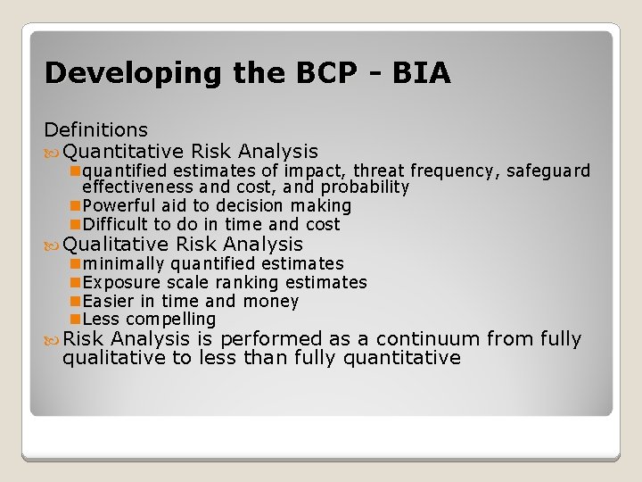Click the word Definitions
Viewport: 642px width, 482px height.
point(96,131)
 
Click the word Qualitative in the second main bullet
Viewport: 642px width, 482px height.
point(116,244)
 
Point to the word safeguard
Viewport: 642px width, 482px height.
point(548,170)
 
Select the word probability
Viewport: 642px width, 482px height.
point(365,187)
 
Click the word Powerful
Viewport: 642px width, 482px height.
point(119,206)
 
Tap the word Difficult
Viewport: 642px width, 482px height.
point(116,225)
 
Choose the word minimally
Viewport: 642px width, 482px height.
point(123,263)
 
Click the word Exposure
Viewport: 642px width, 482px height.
point(119,282)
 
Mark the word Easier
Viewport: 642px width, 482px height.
point(108,301)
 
